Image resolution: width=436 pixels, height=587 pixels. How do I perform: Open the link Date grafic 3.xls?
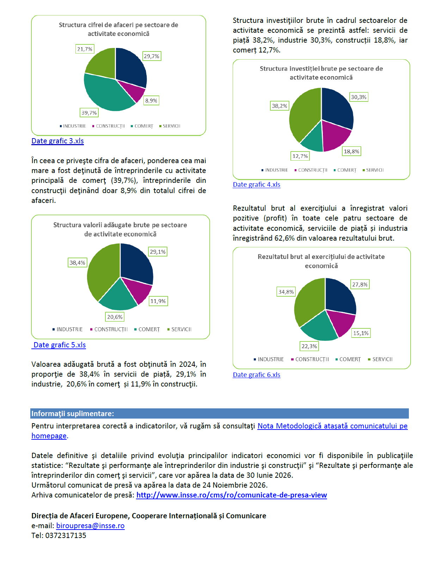point(57,141)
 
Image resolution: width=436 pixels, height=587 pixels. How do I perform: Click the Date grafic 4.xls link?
point(256,185)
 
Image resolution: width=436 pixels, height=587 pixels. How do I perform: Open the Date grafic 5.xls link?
point(60,345)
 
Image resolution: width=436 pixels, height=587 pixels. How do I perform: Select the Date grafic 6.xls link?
point(256,375)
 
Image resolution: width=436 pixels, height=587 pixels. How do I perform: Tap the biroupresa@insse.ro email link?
point(90,526)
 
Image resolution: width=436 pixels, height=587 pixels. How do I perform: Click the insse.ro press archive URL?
point(232,495)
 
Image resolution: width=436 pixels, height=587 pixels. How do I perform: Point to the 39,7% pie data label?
point(89,113)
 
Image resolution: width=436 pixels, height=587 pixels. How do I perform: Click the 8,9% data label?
point(151,101)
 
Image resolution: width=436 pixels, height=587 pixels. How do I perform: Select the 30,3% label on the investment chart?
point(358,97)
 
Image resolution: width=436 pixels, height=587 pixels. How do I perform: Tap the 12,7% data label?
point(300,156)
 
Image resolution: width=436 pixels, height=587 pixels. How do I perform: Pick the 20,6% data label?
point(115,317)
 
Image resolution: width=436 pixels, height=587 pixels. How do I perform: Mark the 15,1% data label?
point(361,333)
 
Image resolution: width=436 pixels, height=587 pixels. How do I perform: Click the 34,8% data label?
point(286,292)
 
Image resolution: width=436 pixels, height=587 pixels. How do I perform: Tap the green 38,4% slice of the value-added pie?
point(102,271)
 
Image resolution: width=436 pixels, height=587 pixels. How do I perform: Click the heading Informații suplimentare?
point(73,414)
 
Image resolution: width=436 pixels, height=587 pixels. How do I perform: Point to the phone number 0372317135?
point(66,536)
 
